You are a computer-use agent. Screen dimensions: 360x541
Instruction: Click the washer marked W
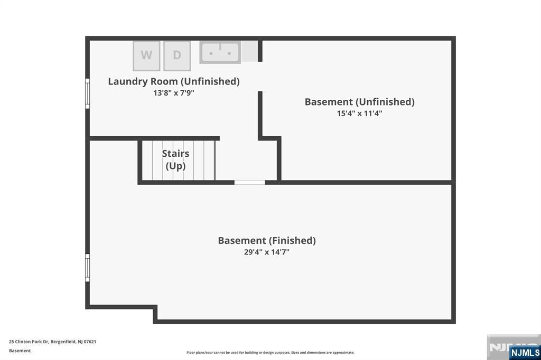click(146, 55)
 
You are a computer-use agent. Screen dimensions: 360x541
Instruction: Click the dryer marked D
click(177, 55)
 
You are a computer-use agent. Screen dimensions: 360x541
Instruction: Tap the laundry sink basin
click(220, 53)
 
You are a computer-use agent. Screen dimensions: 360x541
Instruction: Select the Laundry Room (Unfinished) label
click(174, 81)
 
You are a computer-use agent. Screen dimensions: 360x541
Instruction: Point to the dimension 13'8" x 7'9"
click(174, 93)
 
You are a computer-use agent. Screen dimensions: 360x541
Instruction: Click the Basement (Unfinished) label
click(359, 102)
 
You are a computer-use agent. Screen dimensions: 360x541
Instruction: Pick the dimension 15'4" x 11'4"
click(359, 113)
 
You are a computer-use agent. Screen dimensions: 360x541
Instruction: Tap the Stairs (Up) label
click(175, 159)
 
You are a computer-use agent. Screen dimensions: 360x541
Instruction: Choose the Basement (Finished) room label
click(267, 241)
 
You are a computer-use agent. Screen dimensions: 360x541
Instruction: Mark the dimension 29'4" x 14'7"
click(267, 252)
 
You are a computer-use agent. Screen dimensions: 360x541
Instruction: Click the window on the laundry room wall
click(87, 93)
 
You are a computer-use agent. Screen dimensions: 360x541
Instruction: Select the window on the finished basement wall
click(87, 268)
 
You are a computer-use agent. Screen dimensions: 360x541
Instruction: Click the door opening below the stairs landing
click(249, 182)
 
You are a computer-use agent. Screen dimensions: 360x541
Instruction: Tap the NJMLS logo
click(525, 352)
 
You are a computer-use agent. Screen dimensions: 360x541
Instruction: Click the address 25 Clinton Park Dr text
click(52, 342)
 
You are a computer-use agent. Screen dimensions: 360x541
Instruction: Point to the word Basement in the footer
click(20, 350)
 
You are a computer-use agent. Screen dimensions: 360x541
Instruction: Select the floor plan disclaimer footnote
click(270, 353)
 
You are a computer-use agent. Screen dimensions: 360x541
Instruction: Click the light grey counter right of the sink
click(250, 51)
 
